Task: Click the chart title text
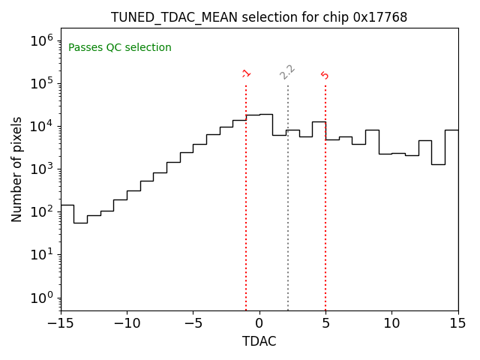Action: click(x=259, y=17)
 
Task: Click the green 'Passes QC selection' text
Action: click(x=120, y=48)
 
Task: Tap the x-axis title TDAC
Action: click(x=259, y=341)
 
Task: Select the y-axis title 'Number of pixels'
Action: click(x=17, y=169)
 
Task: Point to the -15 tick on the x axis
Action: click(x=61, y=323)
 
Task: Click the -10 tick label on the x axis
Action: click(x=127, y=323)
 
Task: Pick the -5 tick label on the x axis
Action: click(x=193, y=323)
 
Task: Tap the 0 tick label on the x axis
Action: click(x=259, y=323)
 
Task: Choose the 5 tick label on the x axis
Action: click(x=325, y=323)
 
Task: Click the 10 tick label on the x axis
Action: click(x=391, y=323)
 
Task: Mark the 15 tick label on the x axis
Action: click(x=457, y=323)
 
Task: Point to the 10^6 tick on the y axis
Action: click(x=40, y=40)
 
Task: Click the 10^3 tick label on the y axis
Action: click(x=40, y=169)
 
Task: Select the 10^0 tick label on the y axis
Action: click(x=40, y=298)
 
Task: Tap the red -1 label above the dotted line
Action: click(x=246, y=73)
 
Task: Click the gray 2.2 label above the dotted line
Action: click(x=287, y=71)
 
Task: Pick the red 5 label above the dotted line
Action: click(x=325, y=75)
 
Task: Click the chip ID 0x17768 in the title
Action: click(x=380, y=17)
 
